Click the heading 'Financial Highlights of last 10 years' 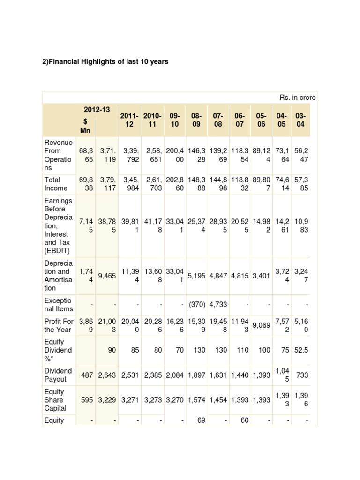click(105, 61)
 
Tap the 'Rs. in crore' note click(298, 97)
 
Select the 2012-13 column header click(97, 110)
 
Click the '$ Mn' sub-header click(85, 126)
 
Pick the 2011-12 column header click(130, 120)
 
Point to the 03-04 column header click(301, 120)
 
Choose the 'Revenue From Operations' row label click(58, 155)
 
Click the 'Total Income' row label click(56, 184)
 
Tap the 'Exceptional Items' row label click(58, 304)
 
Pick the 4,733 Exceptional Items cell click(217, 304)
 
